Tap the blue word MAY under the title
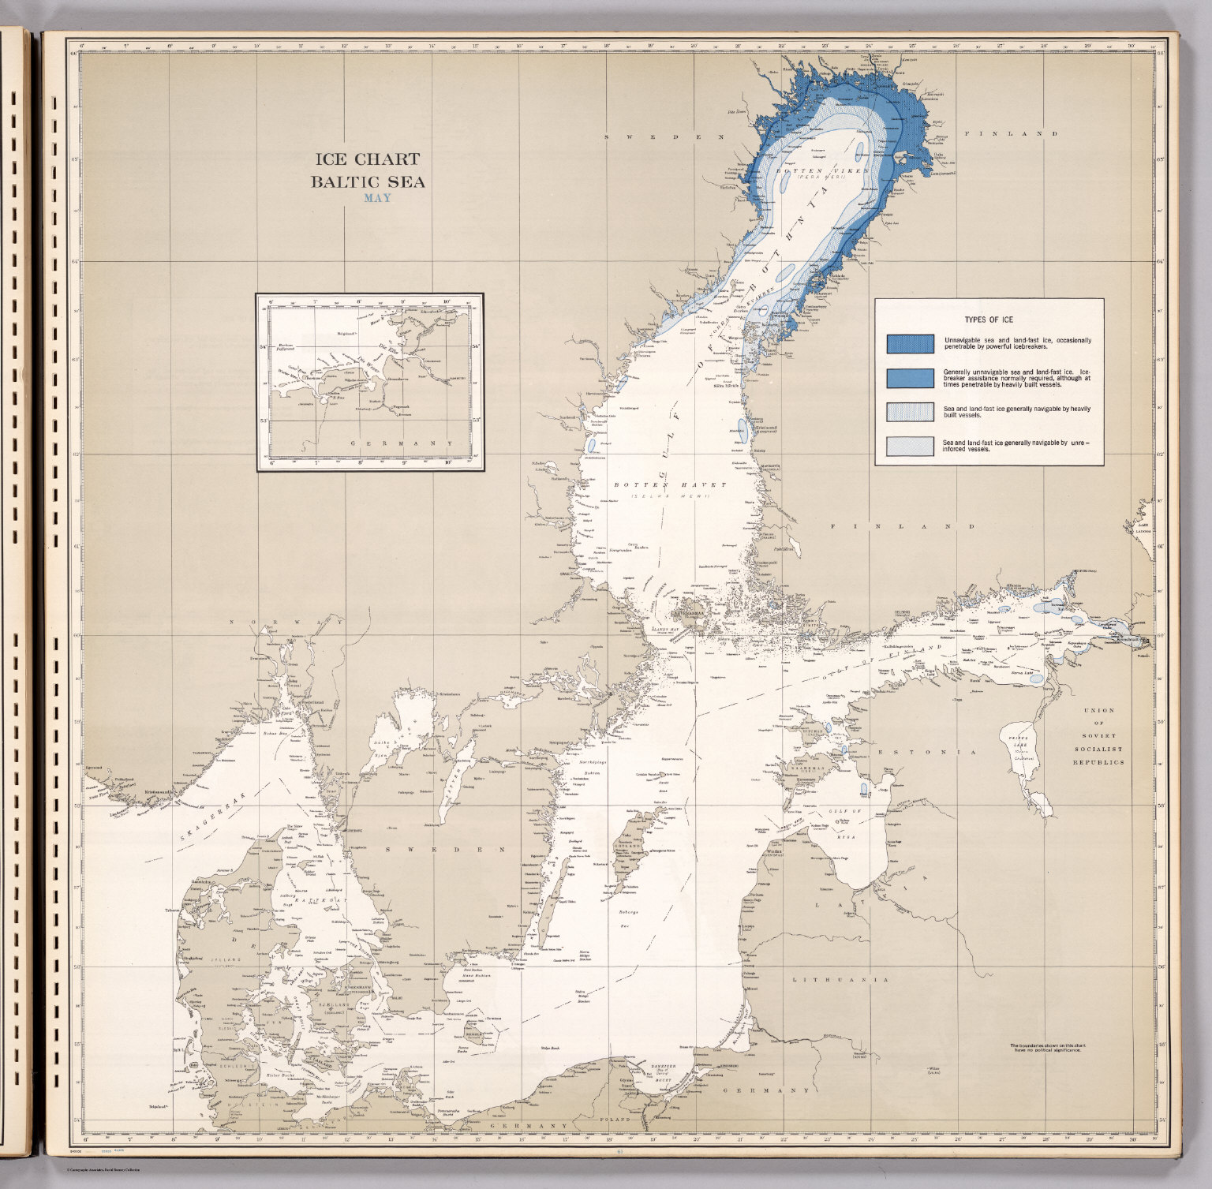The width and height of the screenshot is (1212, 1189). pos(376,197)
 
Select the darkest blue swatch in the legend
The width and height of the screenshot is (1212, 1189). pos(910,343)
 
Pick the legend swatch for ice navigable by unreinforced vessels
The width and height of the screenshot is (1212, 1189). pos(910,447)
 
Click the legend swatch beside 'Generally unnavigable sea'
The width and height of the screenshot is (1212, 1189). pos(910,378)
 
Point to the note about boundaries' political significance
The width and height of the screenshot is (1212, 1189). pos(1046,1049)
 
